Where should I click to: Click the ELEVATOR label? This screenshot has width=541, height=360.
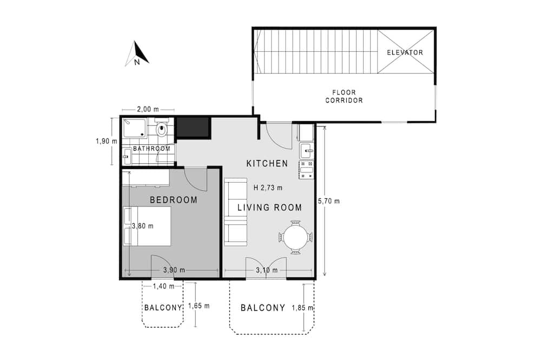click(405, 52)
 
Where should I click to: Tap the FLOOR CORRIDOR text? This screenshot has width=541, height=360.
click(344, 96)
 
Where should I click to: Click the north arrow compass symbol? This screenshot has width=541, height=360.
click(137, 54)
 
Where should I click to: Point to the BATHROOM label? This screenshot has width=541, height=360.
click(152, 149)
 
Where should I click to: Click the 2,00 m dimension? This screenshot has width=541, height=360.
click(148, 109)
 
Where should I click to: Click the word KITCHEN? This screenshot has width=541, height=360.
click(267, 163)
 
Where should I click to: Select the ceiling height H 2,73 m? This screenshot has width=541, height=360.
click(268, 188)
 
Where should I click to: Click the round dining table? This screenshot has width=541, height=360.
click(295, 237)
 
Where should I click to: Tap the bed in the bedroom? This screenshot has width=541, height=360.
click(147, 226)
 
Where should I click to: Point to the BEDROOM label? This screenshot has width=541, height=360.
click(174, 200)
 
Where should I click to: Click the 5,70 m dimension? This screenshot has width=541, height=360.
click(329, 201)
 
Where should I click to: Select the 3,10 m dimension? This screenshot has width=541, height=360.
click(267, 270)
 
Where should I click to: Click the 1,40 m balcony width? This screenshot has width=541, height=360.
click(163, 286)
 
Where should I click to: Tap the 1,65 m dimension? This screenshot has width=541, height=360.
click(199, 306)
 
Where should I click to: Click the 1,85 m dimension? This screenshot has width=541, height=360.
click(302, 308)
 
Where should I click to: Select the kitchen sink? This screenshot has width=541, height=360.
click(307, 151)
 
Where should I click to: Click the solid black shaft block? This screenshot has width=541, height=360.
click(193, 128)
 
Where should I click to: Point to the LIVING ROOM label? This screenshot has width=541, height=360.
click(270, 208)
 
